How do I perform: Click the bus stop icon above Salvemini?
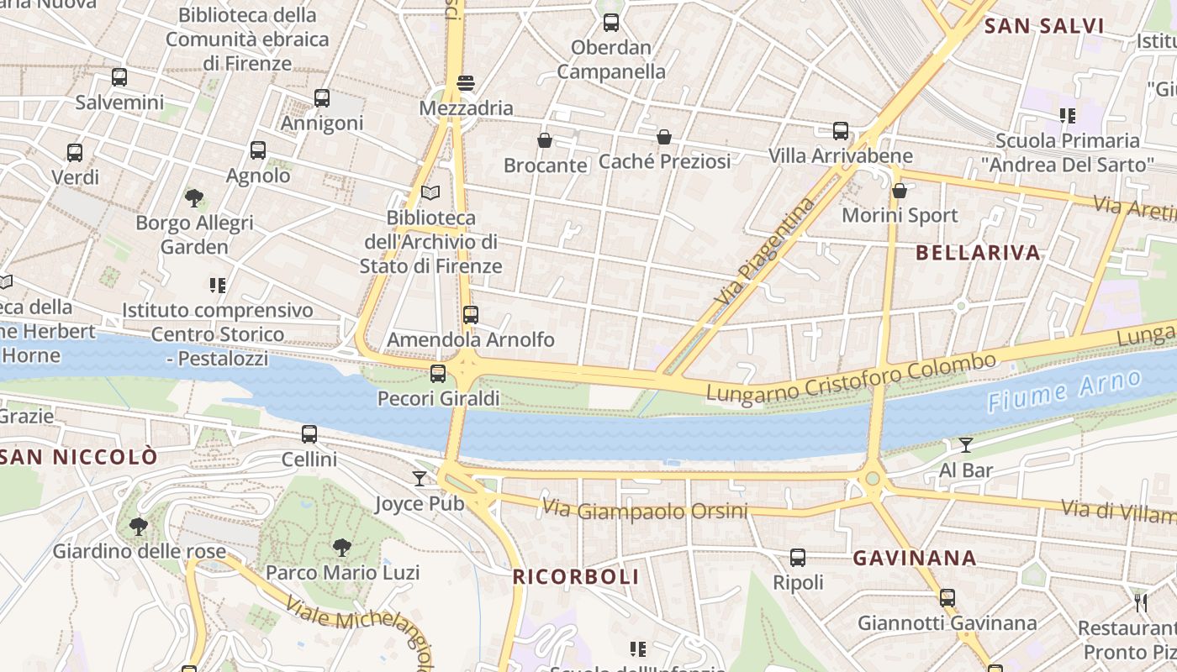point(119,77)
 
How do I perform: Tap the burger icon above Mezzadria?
point(466,83)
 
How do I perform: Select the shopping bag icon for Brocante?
point(545,140)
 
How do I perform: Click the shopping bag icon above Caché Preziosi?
point(664,137)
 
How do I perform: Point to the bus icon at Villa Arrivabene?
point(841,131)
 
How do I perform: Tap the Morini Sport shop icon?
point(900,191)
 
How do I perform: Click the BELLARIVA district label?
point(978,253)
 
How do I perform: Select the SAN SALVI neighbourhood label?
point(1044,26)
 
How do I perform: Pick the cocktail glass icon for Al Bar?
point(966,445)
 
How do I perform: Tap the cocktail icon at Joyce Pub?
point(420,479)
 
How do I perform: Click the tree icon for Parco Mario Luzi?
point(342,548)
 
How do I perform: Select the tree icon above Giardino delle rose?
point(139,527)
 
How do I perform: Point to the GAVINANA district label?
point(915,559)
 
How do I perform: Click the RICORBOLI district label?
point(576,577)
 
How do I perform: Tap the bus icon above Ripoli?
point(798,558)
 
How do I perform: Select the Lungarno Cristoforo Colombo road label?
point(851,378)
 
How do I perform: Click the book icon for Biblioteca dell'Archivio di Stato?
point(430,193)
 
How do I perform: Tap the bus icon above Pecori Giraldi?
point(438,374)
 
